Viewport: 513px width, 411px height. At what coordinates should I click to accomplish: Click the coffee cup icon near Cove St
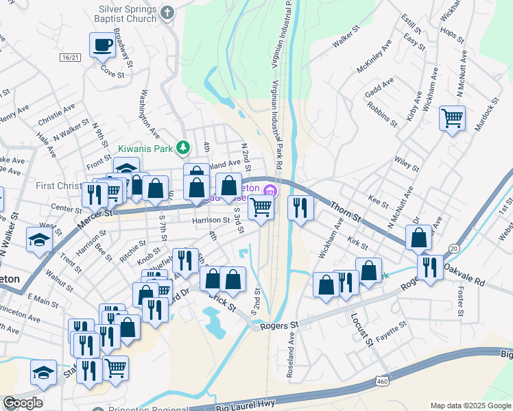(x=103, y=46)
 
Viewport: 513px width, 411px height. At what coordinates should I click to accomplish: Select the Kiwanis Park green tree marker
(x=183, y=147)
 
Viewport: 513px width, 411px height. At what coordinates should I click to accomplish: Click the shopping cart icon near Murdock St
(x=452, y=119)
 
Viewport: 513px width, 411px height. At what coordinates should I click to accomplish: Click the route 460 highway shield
(x=382, y=380)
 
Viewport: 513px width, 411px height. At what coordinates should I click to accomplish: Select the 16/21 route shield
(x=71, y=58)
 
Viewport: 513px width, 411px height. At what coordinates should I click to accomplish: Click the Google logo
(x=23, y=403)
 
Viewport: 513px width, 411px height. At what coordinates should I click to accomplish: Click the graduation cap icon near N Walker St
(x=38, y=239)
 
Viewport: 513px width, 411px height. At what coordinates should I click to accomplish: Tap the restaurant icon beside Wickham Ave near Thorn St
(x=300, y=208)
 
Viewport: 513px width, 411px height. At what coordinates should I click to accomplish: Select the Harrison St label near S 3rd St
(x=211, y=221)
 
